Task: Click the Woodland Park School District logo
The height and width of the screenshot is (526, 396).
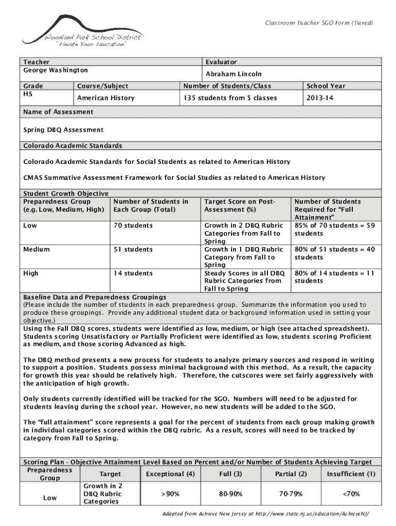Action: [x=82, y=32]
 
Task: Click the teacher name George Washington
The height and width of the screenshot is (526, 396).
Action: [x=56, y=70]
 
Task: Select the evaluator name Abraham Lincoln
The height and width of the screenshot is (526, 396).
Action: [x=233, y=74]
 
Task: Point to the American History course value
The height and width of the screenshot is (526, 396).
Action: [x=105, y=98]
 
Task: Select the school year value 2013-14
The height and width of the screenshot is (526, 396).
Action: [x=319, y=98]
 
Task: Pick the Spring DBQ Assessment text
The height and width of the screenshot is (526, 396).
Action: [x=63, y=130]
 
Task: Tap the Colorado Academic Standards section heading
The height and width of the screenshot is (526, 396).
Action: [x=73, y=146]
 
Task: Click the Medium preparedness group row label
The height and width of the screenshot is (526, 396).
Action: [x=37, y=250]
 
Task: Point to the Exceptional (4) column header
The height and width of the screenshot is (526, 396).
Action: [x=170, y=474]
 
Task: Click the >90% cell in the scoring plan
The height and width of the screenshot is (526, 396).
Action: [x=170, y=494]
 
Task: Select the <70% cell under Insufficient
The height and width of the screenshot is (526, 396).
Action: [x=351, y=494]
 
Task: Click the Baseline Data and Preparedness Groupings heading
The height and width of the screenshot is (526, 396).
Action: [x=95, y=297]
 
